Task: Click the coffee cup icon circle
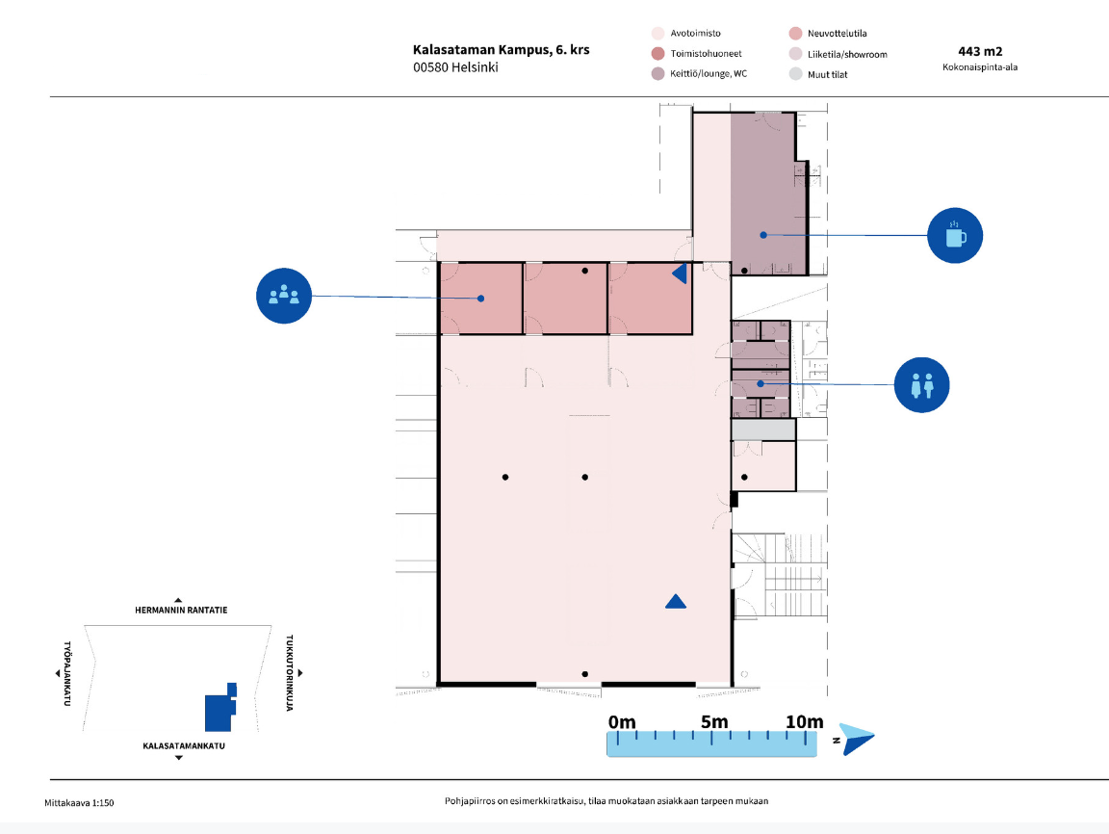(955, 236)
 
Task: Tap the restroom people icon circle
(921, 385)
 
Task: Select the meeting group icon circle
(284, 296)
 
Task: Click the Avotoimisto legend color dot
(658, 34)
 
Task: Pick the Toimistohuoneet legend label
(706, 54)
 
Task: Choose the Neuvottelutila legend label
(837, 34)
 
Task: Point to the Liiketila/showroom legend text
(847, 55)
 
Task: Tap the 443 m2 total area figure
(980, 51)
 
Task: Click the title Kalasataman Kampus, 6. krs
(501, 49)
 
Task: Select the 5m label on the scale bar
(714, 721)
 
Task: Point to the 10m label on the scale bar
(804, 721)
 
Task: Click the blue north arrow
(857, 740)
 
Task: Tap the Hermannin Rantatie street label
(181, 610)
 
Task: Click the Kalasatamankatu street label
(184, 745)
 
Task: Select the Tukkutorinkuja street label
(289, 673)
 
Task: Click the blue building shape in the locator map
(219, 708)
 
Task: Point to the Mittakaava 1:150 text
(79, 803)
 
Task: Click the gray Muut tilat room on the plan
(763, 430)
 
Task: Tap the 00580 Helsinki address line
(455, 67)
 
